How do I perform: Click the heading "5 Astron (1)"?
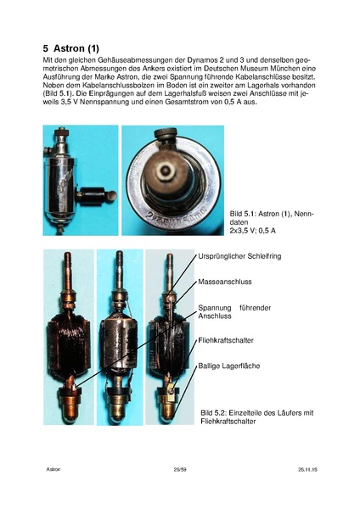pyautogui.click(x=70, y=48)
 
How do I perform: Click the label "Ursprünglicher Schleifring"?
pyautogui.click(x=239, y=256)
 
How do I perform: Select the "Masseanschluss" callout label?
pyautogui.click(x=225, y=282)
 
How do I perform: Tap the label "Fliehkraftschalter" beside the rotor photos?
pyautogui.click(x=226, y=340)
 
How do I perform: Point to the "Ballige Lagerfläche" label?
pyautogui.click(x=229, y=366)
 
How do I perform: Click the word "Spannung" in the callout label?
pyautogui.click(x=215, y=308)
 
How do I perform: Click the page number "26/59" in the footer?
pyautogui.click(x=180, y=469)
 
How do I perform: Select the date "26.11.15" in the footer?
pyautogui.click(x=307, y=469)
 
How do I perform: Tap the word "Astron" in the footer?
pyautogui.click(x=53, y=469)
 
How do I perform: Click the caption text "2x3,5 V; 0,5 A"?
pyautogui.click(x=252, y=231)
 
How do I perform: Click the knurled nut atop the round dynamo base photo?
pyautogui.click(x=166, y=133)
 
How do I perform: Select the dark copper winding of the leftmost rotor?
pyautogui.click(x=68, y=344)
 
